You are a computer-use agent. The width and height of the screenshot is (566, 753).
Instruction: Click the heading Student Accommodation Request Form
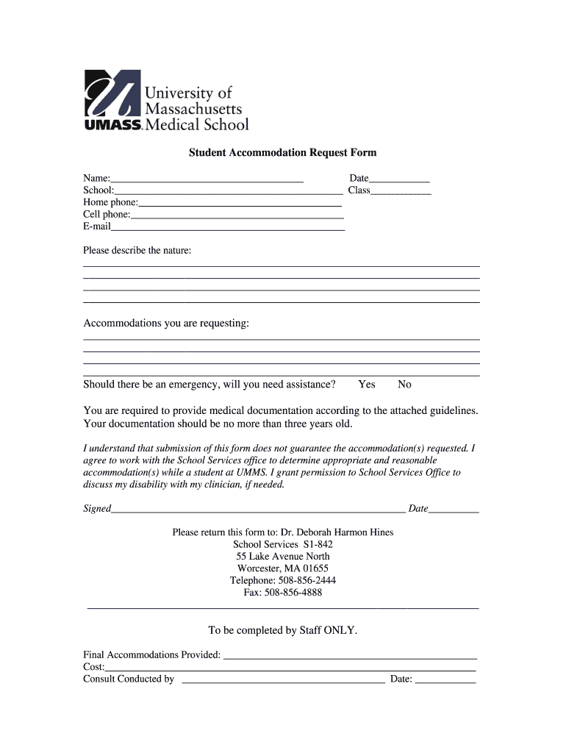click(x=282, y=153)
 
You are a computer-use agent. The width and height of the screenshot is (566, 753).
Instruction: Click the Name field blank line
click(x=207, y=178)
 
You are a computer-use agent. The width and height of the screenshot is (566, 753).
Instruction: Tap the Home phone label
click(x=110, y=202)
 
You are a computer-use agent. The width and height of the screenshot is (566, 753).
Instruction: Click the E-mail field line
click(x=227, y=226)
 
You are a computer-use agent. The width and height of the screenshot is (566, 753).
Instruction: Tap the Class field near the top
click(x=401, y=190)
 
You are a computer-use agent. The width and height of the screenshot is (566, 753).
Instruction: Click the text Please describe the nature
click(x=137, y=251)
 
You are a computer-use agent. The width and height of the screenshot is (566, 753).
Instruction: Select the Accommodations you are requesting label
click(x=165, y=324)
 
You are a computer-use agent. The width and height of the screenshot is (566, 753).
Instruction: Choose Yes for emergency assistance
click(x=367, y=385)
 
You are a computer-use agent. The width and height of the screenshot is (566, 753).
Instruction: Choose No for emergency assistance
click(x=404, y=385)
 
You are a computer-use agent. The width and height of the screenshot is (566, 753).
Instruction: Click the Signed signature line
click(x=257, y=509)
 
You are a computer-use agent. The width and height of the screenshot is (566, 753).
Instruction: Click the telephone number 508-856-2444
click(x=307, y=580)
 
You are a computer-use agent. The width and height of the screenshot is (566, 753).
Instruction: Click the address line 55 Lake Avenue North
click(x=283, y=557)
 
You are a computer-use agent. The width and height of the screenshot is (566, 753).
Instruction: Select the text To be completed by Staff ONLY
click(x=283, y=630)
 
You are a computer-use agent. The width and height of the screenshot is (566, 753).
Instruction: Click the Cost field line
click(x=290, y=667)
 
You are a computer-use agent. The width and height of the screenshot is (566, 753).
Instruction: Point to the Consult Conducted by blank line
click(x=283, y=679)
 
